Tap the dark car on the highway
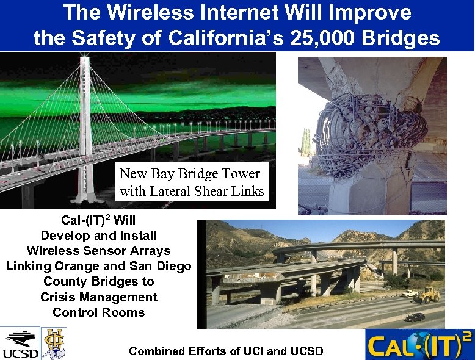coord(415,317)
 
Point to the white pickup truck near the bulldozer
coord(408,293)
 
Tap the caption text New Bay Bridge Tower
coord(190,174)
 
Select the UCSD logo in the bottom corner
coord(20,344)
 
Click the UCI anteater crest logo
coord(53,342)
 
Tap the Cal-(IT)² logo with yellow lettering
coord(419,345)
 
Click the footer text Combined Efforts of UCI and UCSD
coord(226,351)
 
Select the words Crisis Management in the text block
coord(98,297)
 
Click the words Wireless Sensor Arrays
coord(98,251)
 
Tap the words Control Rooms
coord(98,312)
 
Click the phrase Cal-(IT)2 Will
coord(98,220)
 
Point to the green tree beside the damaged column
coord(305,143)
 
